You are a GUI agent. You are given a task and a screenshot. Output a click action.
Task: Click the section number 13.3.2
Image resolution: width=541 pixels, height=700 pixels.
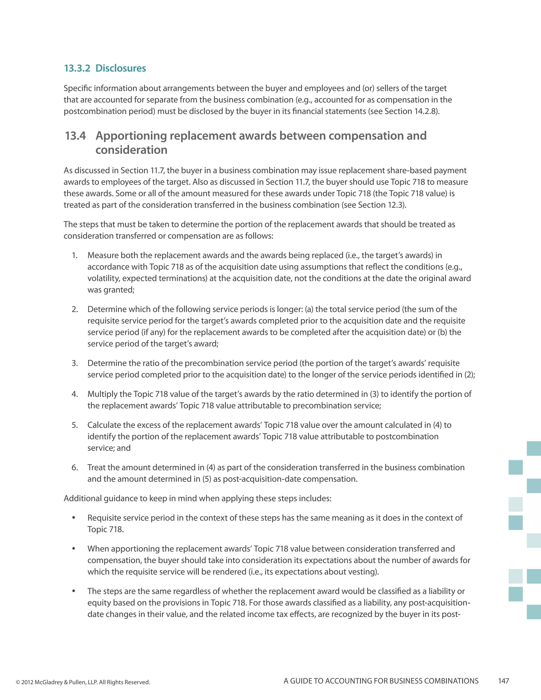tap(77, 68)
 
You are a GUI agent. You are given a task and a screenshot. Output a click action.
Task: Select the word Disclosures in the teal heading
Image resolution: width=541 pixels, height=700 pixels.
tap(120, 68)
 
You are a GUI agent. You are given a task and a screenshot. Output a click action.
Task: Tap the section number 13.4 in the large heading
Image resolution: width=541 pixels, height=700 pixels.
tap(75, 136)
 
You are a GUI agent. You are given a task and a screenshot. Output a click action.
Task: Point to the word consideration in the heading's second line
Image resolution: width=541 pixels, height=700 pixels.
tap(131, 150)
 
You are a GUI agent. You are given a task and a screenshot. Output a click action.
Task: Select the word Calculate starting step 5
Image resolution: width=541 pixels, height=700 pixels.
tap(104, 425)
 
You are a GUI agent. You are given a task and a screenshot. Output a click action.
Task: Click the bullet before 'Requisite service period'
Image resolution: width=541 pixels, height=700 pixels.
tap(74, 518)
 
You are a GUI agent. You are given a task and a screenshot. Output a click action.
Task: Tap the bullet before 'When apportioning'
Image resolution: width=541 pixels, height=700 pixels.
tap(74, 549)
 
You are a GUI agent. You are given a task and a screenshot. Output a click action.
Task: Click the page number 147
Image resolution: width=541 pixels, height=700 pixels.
tap(503, 681)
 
